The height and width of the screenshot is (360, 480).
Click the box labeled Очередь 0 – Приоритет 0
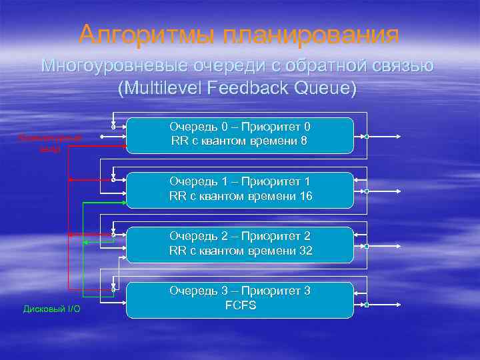239,135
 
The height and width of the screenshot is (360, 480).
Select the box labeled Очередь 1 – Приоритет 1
239,190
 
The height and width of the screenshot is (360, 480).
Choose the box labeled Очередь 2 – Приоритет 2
239,245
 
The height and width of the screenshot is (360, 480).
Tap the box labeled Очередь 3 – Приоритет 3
239,299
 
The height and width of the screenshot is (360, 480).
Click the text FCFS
240,305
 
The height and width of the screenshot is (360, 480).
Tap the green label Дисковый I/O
51,309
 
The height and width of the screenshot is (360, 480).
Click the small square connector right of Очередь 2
367,247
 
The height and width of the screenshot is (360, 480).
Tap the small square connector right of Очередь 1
367,192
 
